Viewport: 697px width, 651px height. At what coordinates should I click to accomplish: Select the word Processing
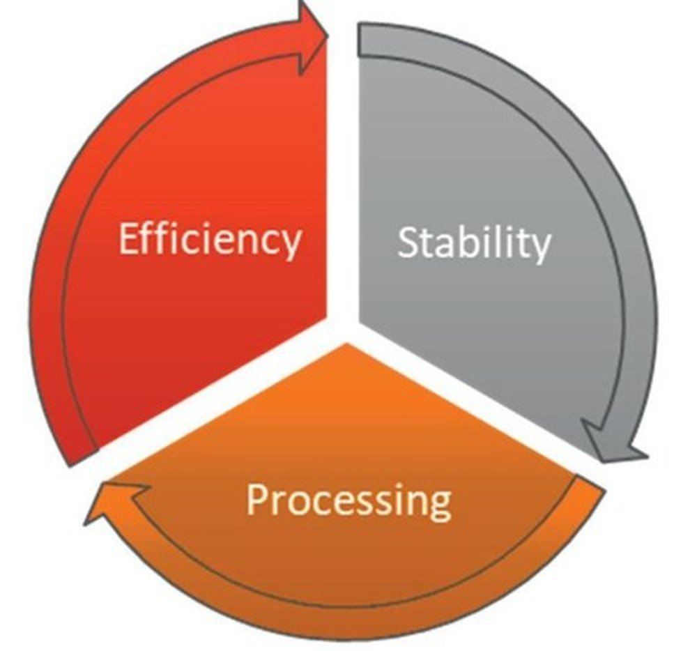(x=348, y=500)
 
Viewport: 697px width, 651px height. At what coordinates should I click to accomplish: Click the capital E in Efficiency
(x=128, y=240)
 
